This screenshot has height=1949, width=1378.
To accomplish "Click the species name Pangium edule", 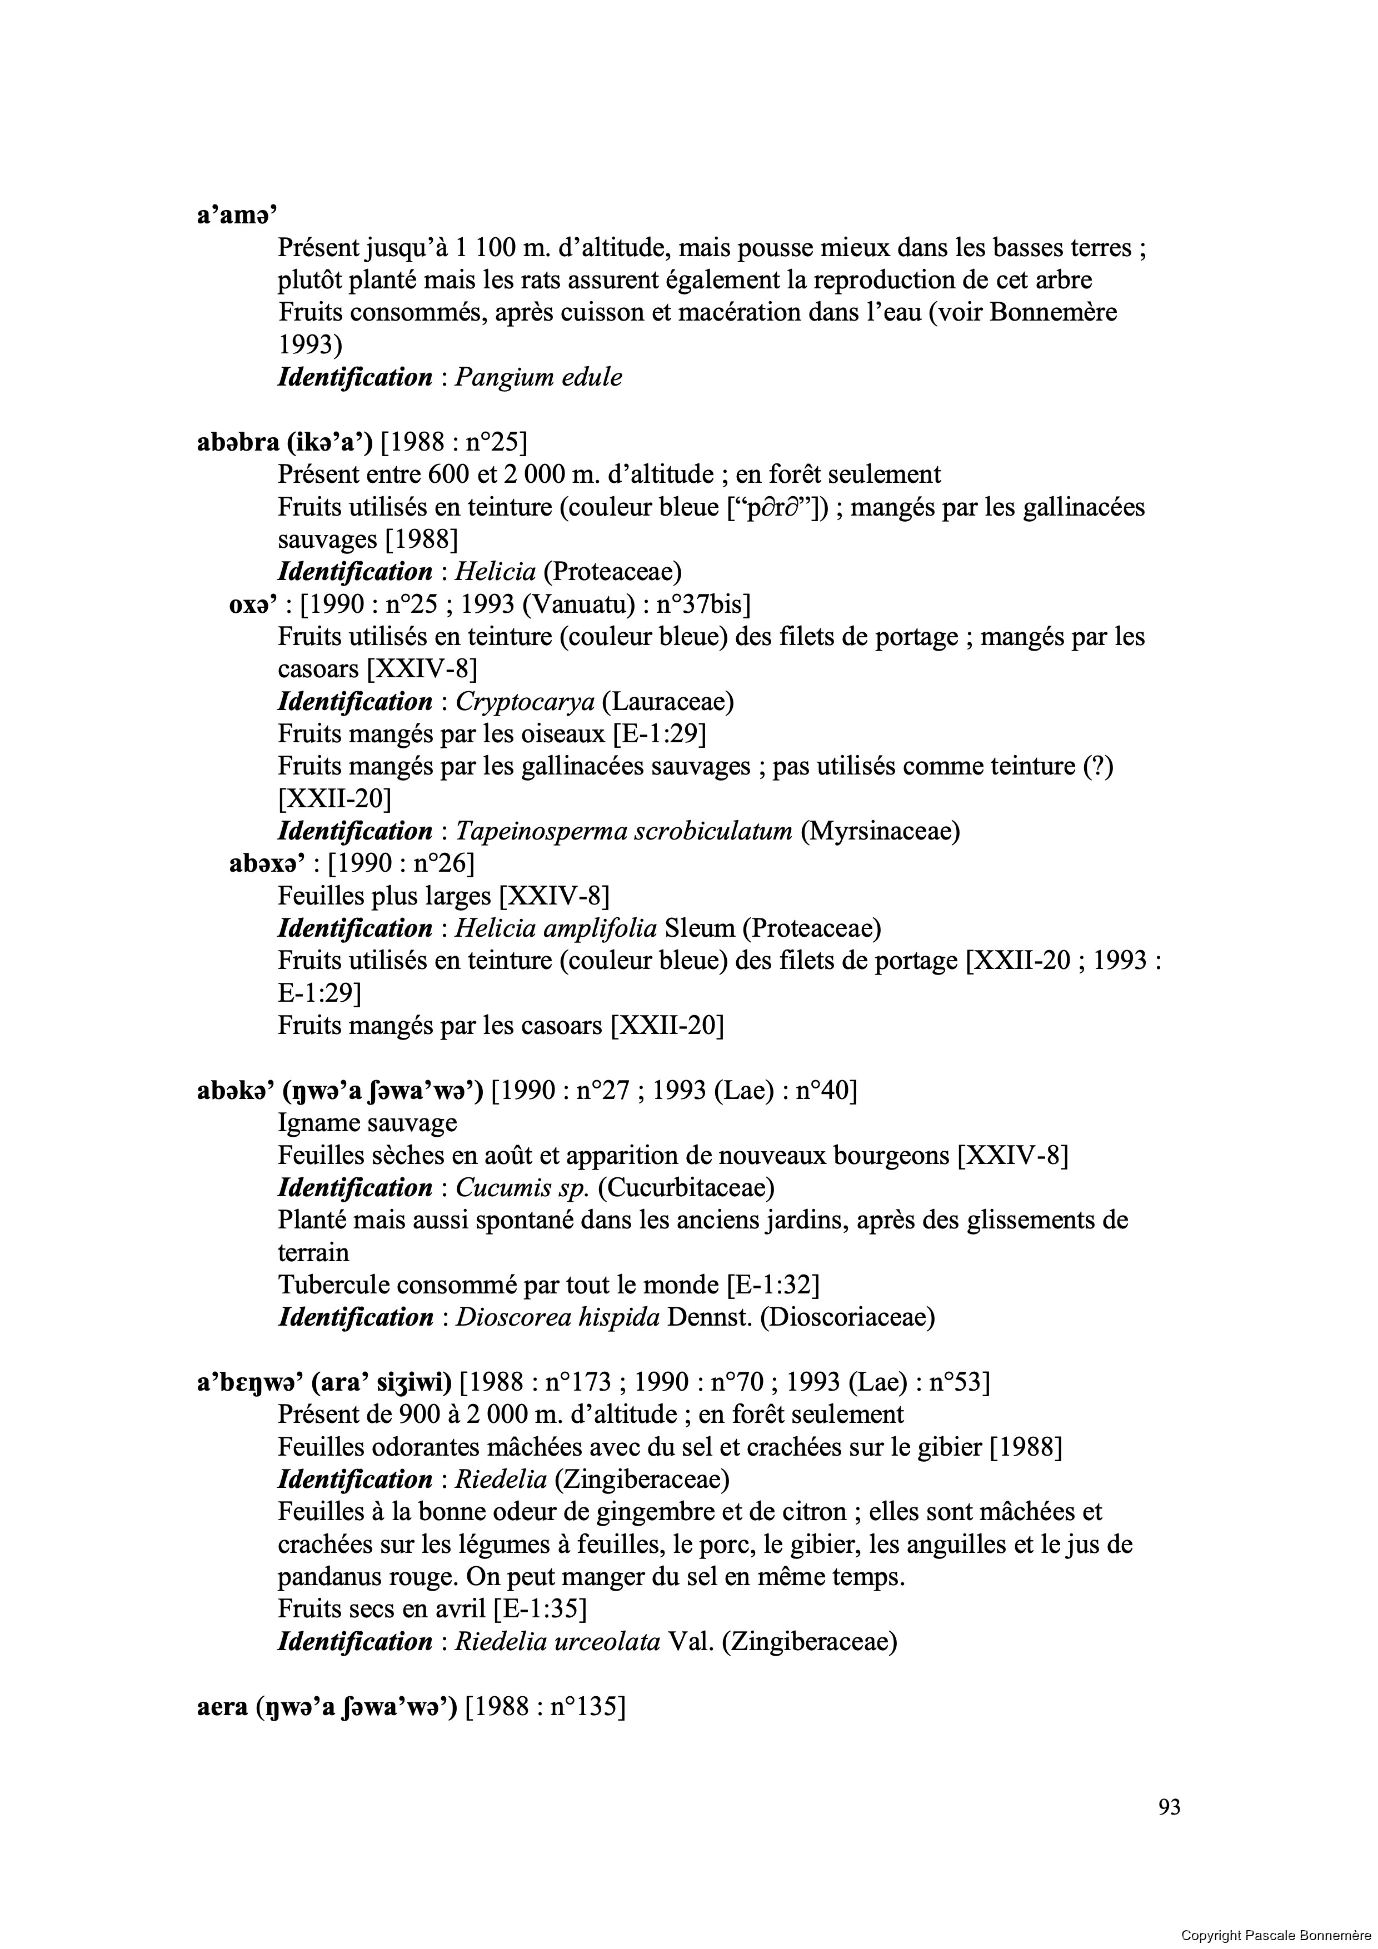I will click(x=538, y=378).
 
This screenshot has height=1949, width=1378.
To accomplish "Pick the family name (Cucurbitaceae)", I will click(x=686, y=1187).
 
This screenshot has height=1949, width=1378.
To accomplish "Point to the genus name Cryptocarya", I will click(x=525, y=702).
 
